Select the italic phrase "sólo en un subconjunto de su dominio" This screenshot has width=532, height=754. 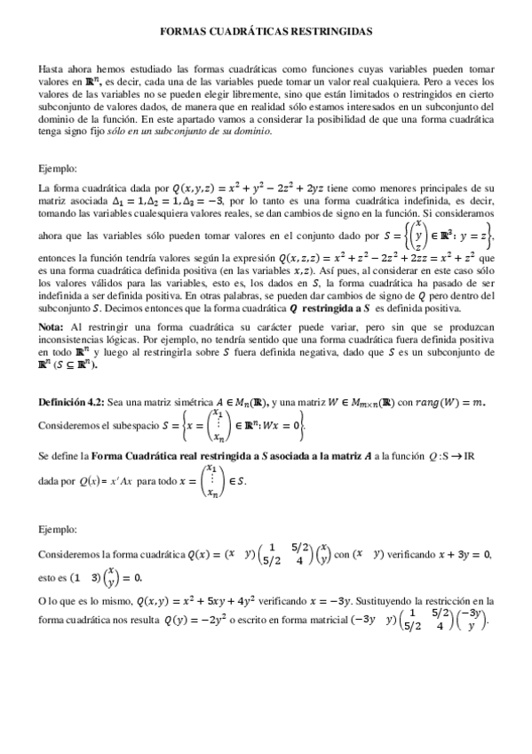pos(204,132)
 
